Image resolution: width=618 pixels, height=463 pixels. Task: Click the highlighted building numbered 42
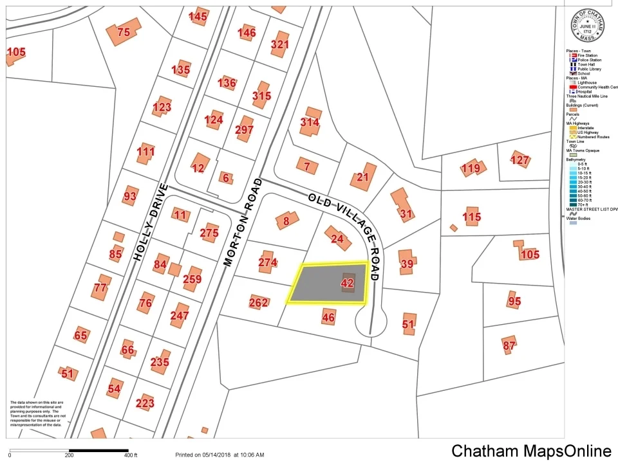[348, 283]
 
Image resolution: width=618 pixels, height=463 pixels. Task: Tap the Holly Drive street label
[151, 222]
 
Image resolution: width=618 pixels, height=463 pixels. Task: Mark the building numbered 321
[280, 44]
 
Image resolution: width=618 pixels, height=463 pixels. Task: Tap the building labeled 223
[145, 403]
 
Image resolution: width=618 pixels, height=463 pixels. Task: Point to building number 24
[337, 238]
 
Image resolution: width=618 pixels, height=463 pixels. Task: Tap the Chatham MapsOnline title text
[531, 451]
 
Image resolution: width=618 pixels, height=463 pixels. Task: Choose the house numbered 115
[472, 217]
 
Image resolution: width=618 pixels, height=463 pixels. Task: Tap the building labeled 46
[328, 317]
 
